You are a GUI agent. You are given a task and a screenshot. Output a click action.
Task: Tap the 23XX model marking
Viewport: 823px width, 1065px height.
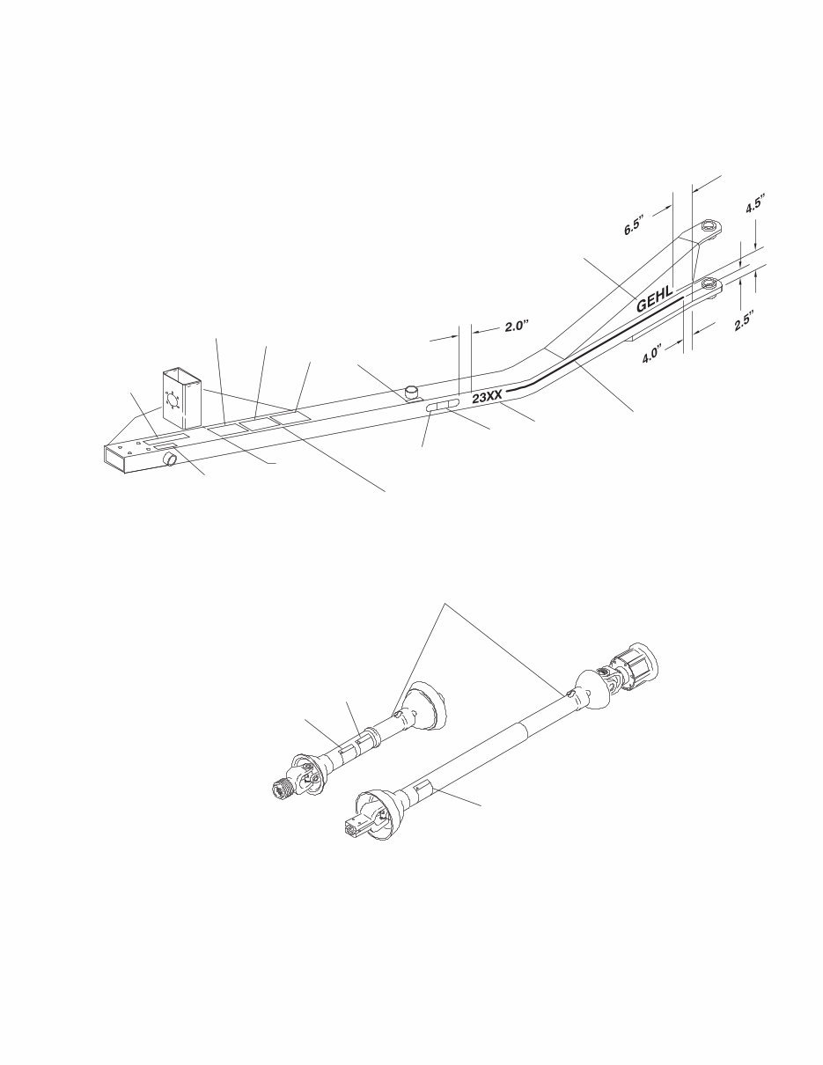(487, 398)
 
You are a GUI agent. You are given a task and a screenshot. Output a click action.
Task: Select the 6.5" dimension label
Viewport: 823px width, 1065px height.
(634, 224)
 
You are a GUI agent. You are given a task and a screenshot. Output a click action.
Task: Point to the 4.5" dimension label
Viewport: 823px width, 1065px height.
(754, 205)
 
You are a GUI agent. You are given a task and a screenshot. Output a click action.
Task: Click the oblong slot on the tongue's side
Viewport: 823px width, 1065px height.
(442, 408)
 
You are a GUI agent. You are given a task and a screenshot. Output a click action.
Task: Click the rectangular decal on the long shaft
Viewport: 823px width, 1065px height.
(424, 786)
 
